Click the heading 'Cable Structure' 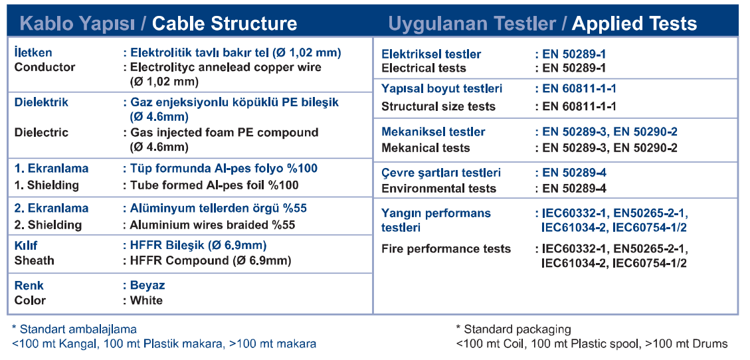(225, 23)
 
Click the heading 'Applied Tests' (634, 23)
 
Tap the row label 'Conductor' (45, 67)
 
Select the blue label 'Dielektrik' (42, 102)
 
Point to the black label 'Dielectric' (42, 132)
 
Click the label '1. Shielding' (47, 185)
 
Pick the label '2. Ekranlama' (51, 209)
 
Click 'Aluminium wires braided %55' (213, 225)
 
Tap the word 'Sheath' (35, 260)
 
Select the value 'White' (146, 300)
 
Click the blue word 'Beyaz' (147, 286)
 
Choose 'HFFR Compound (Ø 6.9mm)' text (211, 260)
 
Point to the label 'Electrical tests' (424, 68)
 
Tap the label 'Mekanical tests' (426, 147)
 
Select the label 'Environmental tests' (439, 189)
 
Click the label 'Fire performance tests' (446, 248)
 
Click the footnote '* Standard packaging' (514, 329)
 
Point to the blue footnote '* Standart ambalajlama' (74, 329)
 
